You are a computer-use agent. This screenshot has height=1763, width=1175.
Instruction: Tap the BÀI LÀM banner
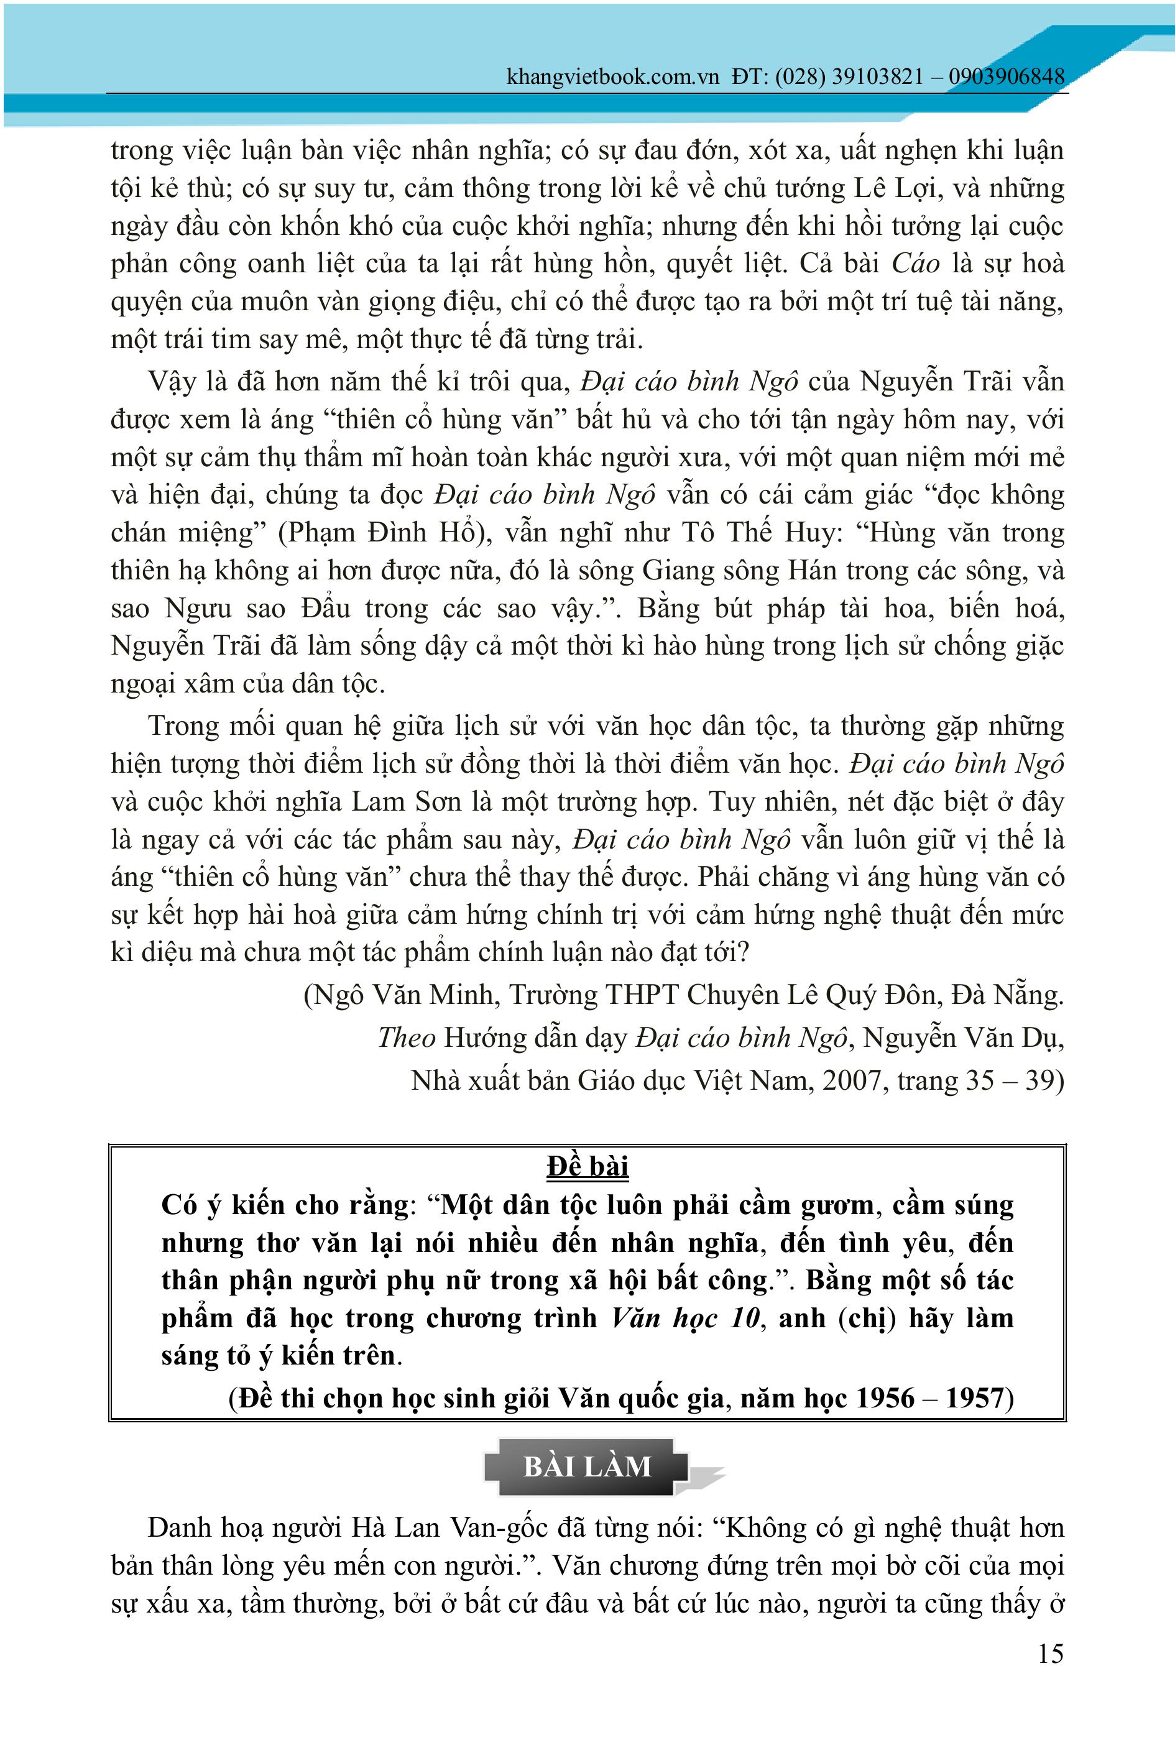pyautogui.click(x=587, y=1466)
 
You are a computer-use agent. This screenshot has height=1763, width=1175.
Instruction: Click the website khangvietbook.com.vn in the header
pyautogui.click(x=612, y=76)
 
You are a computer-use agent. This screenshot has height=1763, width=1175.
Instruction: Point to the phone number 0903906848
pyautogui.click(x=1007, y=76)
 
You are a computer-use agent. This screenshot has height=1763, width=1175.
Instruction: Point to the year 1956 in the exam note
pyautogui.click(x=885, y=1398)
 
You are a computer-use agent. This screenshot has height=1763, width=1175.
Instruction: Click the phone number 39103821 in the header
pyautogui.click(x=877, y=76)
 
